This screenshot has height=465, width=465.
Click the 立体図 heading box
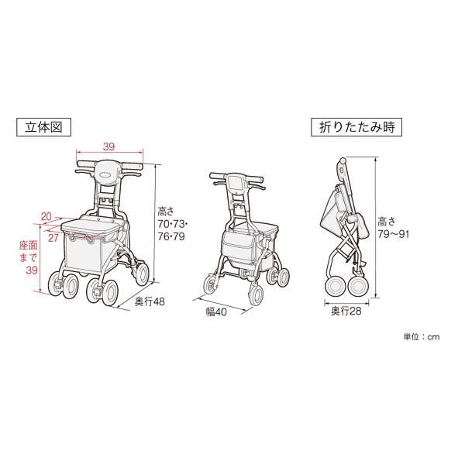tap(43, 127)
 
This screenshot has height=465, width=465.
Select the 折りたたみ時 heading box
tap(356, 127)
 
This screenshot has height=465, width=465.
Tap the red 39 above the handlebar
tap(108, 146)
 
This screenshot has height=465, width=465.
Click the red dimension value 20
tap(46, 217)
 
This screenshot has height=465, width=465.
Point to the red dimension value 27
tap(53, 238)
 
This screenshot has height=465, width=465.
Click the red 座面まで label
tap(29, 251)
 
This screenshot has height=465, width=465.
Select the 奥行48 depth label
tap(150, 302)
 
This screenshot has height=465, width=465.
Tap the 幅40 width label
tap(216, 312)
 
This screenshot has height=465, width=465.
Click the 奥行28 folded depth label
tap(346, 311)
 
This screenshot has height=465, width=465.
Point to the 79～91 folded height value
tap(394, 234)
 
